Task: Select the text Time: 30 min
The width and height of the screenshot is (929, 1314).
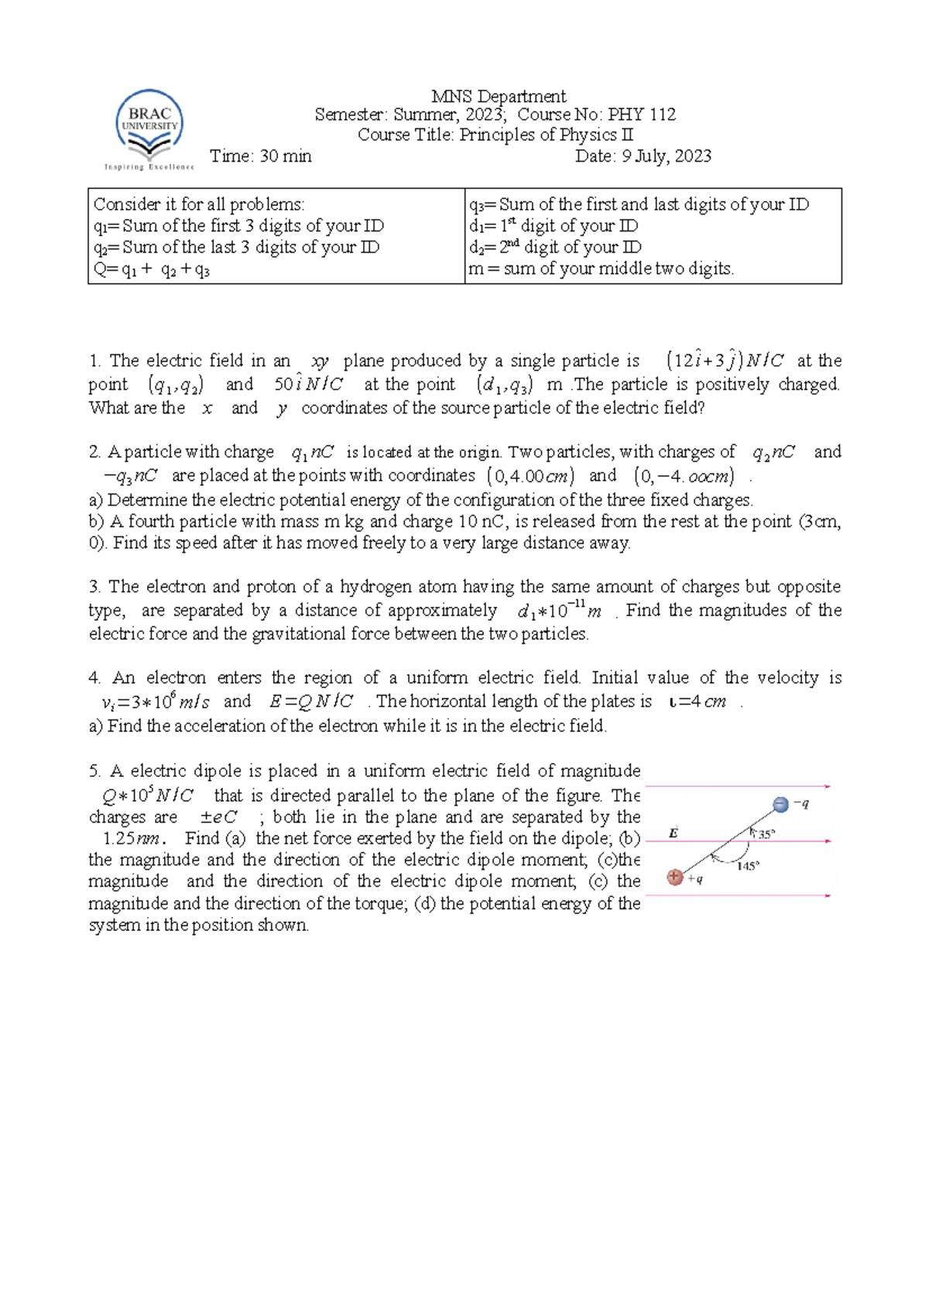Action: pos(260,156)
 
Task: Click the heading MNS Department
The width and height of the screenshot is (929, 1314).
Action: pos(499,97)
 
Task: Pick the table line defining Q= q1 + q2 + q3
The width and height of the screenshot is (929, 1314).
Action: pos(152,269)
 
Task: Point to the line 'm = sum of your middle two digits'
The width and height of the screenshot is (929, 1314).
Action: pos(601,269)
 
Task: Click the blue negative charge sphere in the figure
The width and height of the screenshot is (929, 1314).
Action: pos(780,805)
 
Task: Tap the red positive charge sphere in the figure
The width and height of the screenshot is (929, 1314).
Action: pos(675,877)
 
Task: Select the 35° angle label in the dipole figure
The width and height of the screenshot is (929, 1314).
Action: pos(765,834)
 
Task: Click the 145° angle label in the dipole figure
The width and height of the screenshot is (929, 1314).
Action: pos(747,866)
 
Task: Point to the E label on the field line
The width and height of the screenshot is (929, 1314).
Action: pos(673,833)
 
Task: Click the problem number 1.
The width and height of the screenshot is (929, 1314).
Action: pos(94,361)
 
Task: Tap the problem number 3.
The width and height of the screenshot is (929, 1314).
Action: pos(94,587)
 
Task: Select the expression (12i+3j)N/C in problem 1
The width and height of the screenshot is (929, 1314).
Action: pos(725,361)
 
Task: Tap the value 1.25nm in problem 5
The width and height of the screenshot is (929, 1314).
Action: pos(132,838)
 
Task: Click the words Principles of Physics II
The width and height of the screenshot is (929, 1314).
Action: pos(546,135)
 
